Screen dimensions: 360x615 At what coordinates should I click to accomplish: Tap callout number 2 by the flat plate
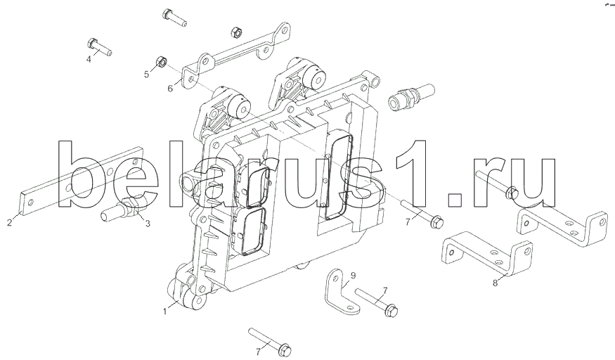(x=8, y=224)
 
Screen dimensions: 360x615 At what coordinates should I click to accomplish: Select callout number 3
(x=147, y=224)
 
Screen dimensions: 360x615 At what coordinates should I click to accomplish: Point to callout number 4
(x=89, y=59)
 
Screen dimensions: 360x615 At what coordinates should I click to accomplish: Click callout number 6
(x=170, y=89)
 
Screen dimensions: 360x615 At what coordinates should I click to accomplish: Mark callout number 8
(x=495, y=283)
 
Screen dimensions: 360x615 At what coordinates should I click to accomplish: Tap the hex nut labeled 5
(x=160, y=63)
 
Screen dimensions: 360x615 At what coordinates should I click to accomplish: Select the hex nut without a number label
(x=237, y=32)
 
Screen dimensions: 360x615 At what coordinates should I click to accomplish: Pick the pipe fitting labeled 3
(x=124, y=209)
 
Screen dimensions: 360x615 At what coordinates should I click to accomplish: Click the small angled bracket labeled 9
(x=339, y=295)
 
